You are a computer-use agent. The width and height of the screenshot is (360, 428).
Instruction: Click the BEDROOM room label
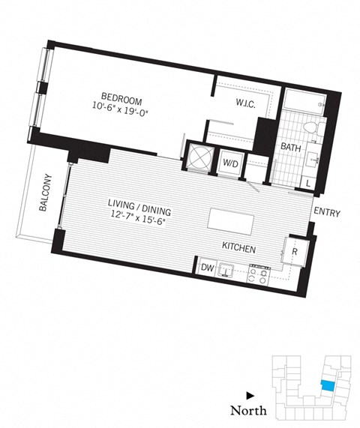click(x=124, y=97)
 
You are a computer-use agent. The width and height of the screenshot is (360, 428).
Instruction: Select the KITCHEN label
click(x=239, y=248)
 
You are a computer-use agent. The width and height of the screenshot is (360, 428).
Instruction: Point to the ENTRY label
click(x=327, y=214)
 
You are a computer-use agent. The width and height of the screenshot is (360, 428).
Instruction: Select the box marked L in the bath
click(x=309, y=182)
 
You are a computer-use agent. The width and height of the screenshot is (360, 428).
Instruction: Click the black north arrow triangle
click(x=250, y=394)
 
